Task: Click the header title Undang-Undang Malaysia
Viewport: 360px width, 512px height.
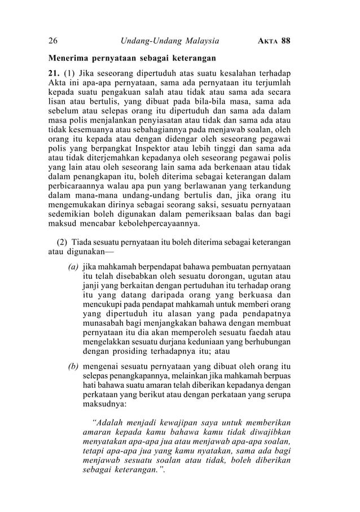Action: (170, 41)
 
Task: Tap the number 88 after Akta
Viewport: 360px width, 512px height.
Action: (285, 41)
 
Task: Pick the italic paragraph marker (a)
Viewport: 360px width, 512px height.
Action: (73, 265)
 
